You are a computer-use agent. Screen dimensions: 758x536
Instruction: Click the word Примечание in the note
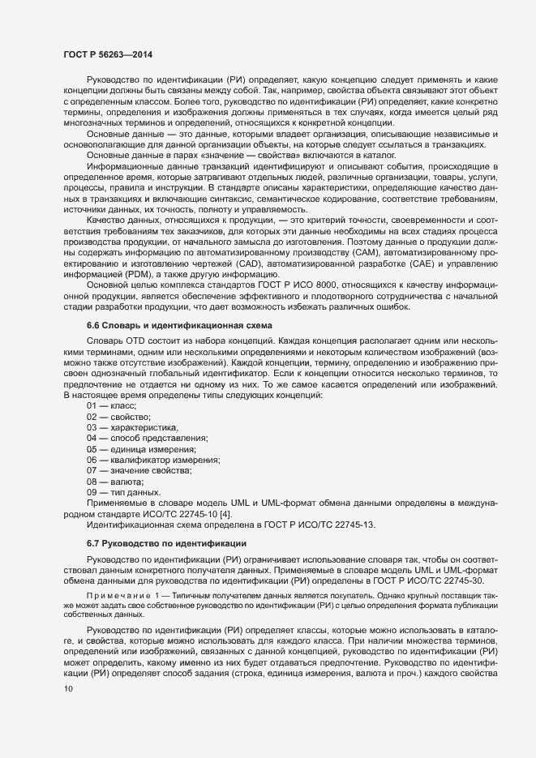pos(114,596)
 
